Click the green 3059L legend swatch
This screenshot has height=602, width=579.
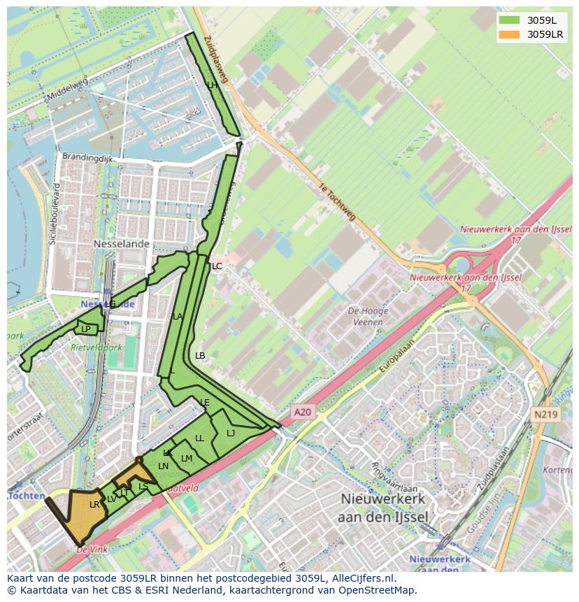[509, 20]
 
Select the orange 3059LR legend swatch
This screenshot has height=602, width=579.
[509, 34]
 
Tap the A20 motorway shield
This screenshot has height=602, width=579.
[302, 413]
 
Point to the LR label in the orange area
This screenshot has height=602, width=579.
[94, 504]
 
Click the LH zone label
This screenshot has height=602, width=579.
[212, 85]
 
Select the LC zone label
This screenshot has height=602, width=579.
[217, 266]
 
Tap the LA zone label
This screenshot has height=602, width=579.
[178, 317]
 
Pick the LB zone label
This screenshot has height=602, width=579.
[200, 356]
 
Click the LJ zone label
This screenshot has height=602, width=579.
[231, 433]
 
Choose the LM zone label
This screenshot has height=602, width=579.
[187, 459]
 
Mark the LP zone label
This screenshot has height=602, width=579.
[86, 329]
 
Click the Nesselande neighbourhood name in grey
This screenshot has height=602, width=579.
[122, 244]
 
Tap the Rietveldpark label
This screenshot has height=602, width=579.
[96, 347]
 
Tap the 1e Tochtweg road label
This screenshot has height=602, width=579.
[337, 203]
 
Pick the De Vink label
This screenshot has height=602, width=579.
[92, 550]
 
